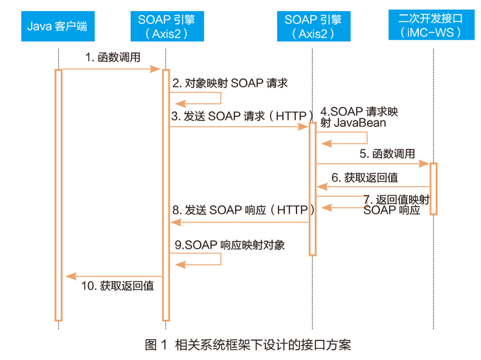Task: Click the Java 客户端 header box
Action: [58, 26]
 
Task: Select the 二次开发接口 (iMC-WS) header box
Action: [431, 25]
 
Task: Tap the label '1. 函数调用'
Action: [113, 57]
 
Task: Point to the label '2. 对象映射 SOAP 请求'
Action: [230, 83]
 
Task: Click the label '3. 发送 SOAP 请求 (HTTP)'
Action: [242, 116]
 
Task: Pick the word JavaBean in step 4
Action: [360, 123]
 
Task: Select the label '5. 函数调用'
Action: [387, 153]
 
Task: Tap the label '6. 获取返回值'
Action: [364, 177]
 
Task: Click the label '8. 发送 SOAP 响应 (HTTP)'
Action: [243, 210]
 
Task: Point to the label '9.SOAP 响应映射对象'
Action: [230, 245]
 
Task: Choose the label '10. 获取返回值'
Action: [117, 286]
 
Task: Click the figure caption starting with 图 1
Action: [248, 345]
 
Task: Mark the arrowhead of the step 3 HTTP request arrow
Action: [303, 127]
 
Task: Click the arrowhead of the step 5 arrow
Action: [424, 164]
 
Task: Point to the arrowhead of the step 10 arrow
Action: [71, 276]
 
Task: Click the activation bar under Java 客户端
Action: [59, 195]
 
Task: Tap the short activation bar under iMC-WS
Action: [434, 189]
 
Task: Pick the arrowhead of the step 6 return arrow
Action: [322, 186]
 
